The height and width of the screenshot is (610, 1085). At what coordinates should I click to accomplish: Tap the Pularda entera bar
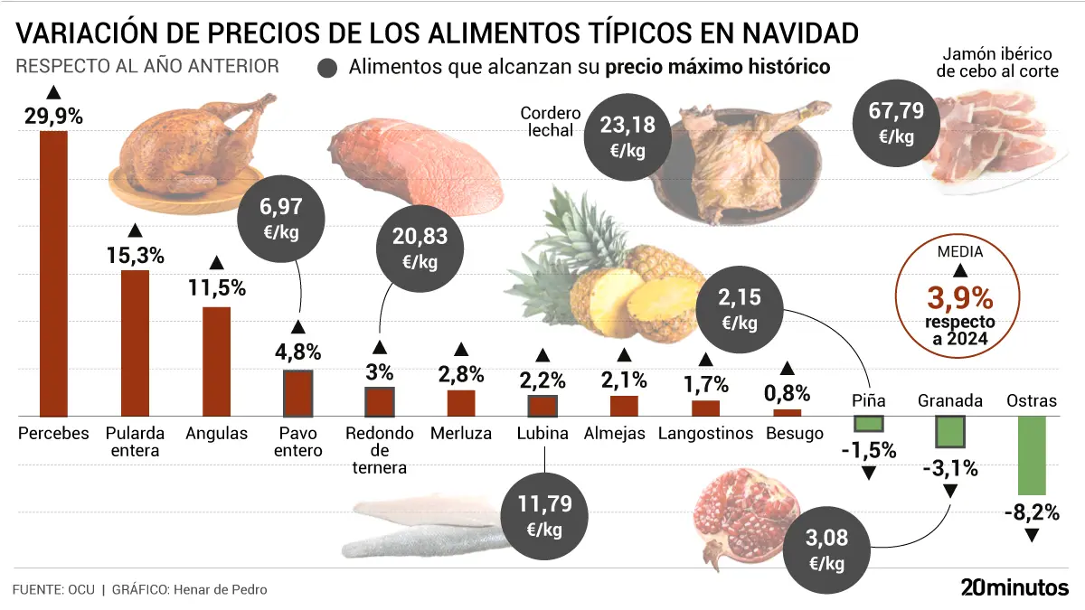(135, 343)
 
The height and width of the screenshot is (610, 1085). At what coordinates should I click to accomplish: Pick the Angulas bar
(216, 361)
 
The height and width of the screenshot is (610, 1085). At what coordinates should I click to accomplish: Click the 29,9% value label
(53, 116)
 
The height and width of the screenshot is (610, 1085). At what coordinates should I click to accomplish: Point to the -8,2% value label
(1031, 513)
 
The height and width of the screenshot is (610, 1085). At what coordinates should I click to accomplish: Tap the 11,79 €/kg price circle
(544, 516)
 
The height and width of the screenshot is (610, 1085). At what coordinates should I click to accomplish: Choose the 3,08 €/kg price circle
(828, 550)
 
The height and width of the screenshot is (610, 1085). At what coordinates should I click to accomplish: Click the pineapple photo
(615, 271)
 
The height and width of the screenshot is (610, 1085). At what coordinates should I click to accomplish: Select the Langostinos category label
(705, 433)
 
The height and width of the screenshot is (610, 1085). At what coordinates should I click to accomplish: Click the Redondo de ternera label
(380, 450)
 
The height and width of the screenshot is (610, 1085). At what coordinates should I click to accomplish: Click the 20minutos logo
(1014, 587)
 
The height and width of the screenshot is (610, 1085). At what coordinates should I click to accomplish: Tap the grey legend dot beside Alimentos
(328, 68)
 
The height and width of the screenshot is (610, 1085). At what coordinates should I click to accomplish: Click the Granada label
(950, 400)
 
